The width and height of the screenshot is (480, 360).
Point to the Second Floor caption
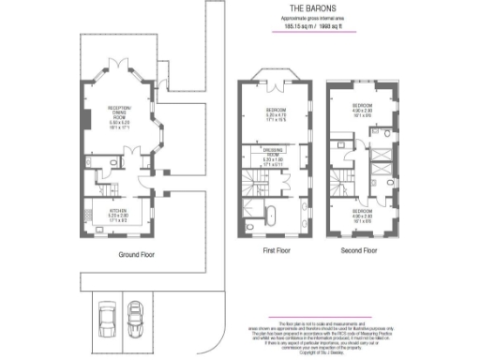tap(358, 250)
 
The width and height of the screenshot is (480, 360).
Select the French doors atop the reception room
tap(117, 63)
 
